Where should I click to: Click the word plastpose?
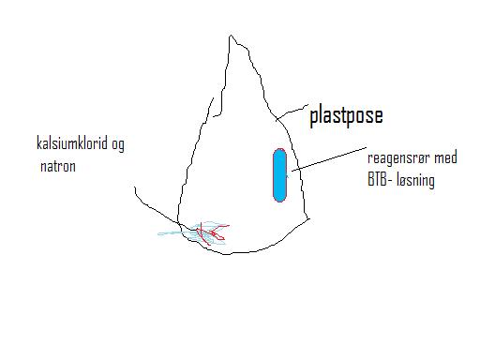(x=346, y=116)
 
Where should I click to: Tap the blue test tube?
(x=279, y=175)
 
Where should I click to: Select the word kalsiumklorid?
(x=72, y=142)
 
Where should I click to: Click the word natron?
(x=58, y=166)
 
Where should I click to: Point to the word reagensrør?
(x=398, y=158)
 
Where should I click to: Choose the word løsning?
(x=416, y=181)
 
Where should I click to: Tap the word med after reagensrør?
(x=446, y=157)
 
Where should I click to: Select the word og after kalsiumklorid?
(x=118, y=145)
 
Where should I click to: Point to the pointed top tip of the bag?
(x=231, y=35)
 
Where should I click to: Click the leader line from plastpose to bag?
(x=292, y=112)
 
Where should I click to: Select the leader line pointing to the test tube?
(x=329, y=159)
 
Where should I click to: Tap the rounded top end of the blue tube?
(x=279, y=150)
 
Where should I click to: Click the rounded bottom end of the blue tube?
(x=279, y=201)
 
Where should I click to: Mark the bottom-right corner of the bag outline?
(x=309, y=219)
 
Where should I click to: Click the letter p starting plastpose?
(x=314, y=118)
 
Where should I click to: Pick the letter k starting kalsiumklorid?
(x=39, y=142)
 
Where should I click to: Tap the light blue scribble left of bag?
(x=172, y=233)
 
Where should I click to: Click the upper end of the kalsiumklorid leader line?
(x=135, y=187)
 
